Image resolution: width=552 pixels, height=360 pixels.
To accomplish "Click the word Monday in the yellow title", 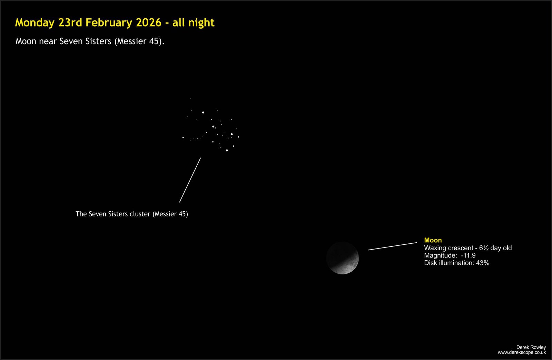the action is coord(35,23).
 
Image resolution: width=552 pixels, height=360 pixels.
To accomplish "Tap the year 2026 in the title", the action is coord(149,22).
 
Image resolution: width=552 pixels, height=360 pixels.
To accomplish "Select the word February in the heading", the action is coord(109,23).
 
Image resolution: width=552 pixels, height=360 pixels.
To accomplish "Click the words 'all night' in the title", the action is coord(194,23).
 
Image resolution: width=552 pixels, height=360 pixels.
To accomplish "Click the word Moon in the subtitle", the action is coord(26,41).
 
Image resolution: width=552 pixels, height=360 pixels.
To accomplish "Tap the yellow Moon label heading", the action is coord(433,240).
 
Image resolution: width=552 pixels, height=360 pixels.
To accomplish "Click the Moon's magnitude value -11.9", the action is coord(468,255).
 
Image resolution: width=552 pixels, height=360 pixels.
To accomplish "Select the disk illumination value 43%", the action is coord(483,263).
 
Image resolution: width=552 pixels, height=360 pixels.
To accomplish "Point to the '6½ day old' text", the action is coord(495,248).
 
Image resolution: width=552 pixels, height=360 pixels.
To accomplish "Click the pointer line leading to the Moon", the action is coord(392,246).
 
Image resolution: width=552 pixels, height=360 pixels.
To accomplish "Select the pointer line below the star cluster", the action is coord(190,180).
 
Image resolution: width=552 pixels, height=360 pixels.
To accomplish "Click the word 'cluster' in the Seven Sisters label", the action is coord(140,214).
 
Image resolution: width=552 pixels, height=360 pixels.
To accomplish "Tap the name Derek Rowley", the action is coord(531,347).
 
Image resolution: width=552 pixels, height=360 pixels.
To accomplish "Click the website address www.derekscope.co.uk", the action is coord(522,353).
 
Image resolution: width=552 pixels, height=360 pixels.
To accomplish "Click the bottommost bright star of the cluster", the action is coord(227,150).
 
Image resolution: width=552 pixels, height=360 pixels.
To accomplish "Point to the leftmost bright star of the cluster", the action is coord(183,137).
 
